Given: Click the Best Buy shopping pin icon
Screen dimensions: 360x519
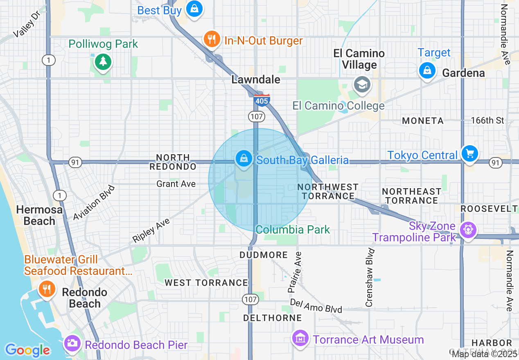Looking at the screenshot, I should [194, 8].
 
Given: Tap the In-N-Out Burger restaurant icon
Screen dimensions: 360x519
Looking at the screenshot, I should [211, 39].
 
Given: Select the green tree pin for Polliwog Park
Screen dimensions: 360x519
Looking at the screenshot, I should [103, 62].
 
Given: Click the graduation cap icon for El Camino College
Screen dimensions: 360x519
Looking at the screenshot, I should [362, 85].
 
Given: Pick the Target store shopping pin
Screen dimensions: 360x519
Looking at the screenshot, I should [427, 70].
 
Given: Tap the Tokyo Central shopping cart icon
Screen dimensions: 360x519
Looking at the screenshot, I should [469, 154].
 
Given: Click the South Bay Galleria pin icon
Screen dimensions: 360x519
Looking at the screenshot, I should [244, 158].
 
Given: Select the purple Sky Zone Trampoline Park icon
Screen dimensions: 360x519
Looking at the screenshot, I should [467, 230].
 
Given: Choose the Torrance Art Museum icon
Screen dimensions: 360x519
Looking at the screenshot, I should [301, 338].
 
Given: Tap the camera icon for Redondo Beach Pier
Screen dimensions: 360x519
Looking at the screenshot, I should [72, 343].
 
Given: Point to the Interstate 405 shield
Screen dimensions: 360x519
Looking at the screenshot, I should [262, 100].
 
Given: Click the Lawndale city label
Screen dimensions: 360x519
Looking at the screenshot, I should [256, 79].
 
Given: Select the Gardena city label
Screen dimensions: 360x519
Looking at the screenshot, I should [463, 73].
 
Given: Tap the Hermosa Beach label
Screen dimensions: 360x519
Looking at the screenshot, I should [39, 215].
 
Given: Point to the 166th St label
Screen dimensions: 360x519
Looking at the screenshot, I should [487, 121].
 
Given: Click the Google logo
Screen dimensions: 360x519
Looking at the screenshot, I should [28, 350].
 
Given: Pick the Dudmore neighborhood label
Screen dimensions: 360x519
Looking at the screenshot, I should [264, 255].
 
